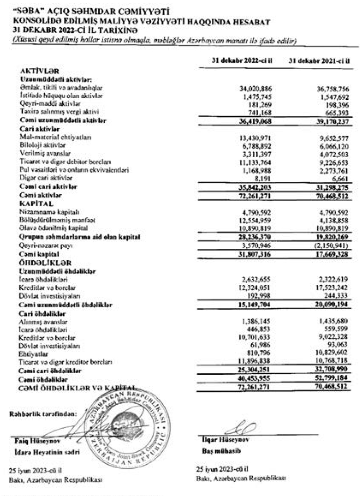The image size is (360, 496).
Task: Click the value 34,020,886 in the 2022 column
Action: coord(256,89)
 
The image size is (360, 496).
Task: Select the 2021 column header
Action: coord(319,61)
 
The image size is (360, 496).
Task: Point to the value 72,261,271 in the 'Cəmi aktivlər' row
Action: coord(255,196)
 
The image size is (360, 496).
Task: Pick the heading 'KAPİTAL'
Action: coord(36,204)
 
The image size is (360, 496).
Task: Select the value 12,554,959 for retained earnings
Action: coord(255,220)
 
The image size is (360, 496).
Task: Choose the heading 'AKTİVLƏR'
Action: coord(40,71)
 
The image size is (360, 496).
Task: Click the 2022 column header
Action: coord(242,61)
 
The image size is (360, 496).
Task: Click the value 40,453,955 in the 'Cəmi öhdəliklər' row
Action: coord(255,378)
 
